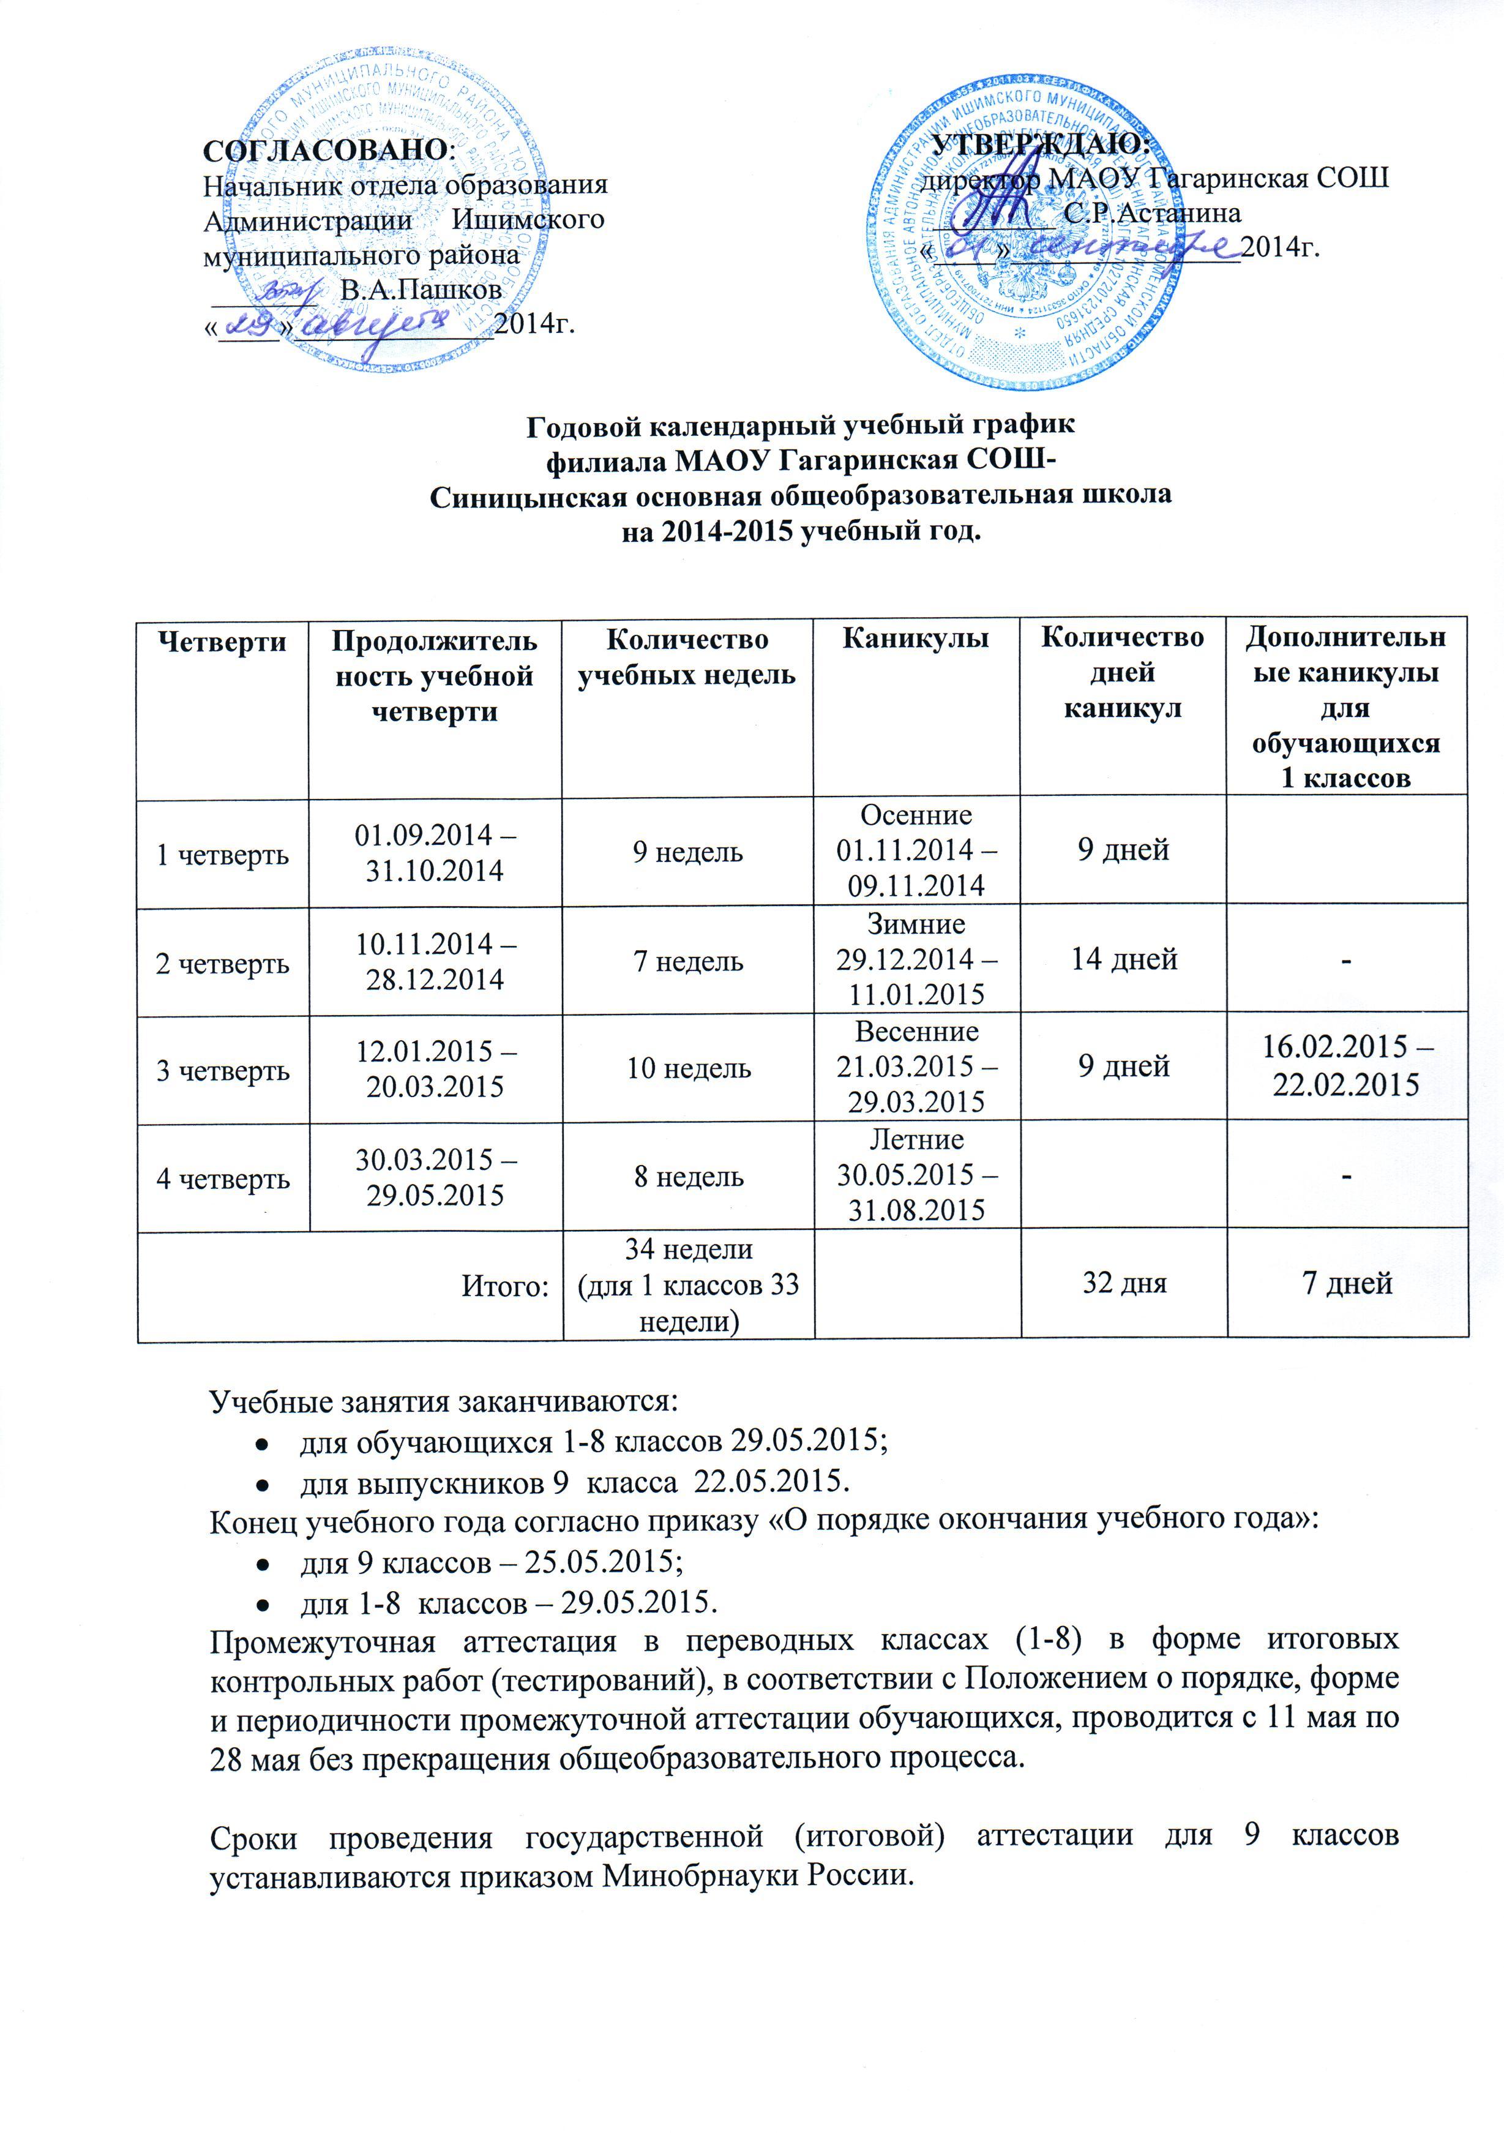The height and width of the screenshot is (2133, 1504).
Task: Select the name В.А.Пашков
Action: point(421,290)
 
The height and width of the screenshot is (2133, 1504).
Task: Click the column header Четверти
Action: point(222,641)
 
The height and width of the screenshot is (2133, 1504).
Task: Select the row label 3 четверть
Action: point(222,1070)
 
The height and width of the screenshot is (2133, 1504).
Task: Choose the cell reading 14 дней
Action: point(1123,959)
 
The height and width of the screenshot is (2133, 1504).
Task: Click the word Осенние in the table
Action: point(916,815)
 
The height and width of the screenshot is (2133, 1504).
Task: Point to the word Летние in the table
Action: point(916,1140)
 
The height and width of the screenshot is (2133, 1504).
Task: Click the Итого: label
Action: point(506,1286)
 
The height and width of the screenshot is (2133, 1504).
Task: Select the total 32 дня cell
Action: point(1123,1283)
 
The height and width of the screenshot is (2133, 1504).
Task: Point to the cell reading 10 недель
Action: point(687,1068)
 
